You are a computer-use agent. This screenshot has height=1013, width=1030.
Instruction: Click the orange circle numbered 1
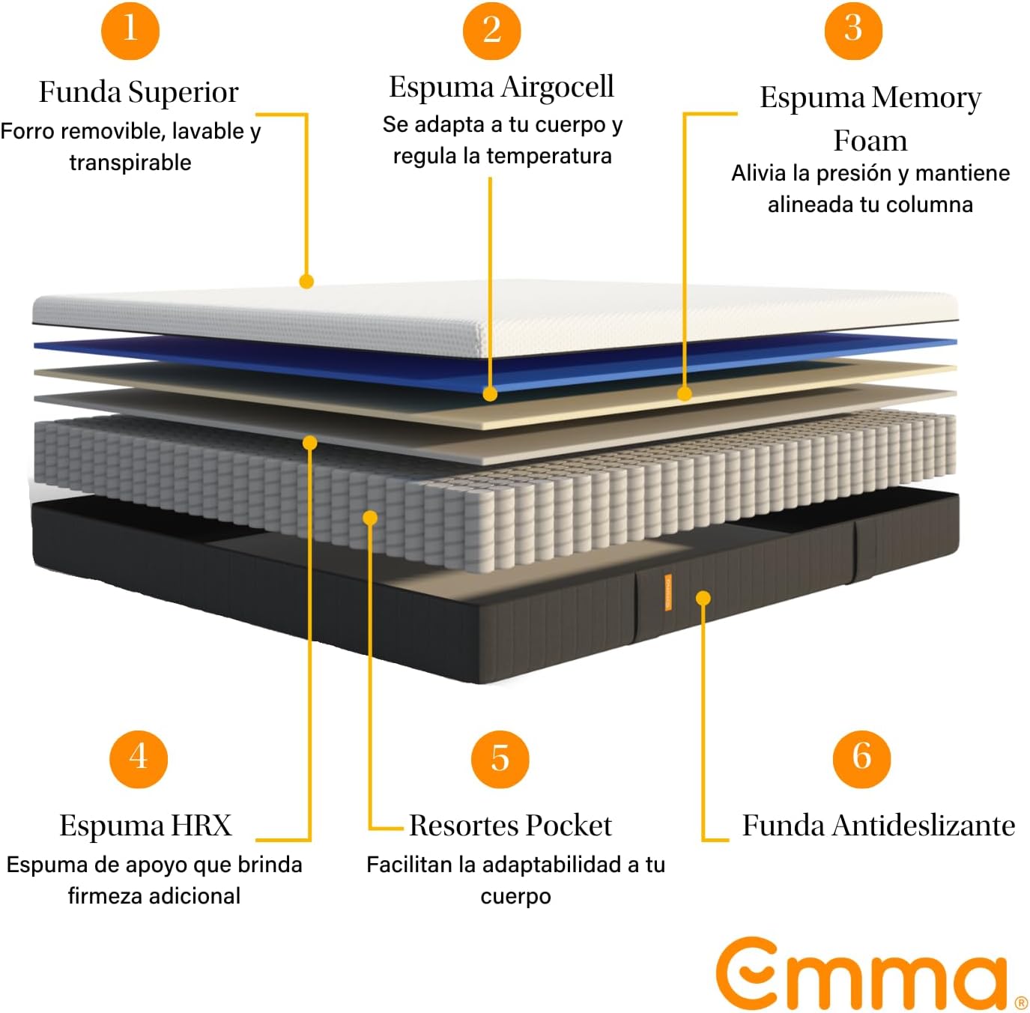130,30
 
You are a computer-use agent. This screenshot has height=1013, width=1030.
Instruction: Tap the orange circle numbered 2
491,30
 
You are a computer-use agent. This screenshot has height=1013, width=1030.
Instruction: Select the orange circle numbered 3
853,30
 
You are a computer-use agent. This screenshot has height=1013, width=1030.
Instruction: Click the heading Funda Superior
139,92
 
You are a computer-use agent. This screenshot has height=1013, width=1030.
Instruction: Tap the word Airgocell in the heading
557,87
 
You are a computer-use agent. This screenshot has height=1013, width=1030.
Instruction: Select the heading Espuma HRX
145,825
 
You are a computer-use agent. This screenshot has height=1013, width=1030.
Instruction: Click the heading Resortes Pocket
510,825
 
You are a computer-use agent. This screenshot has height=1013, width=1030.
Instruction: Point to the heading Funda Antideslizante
879,825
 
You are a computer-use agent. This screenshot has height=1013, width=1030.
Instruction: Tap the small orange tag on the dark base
667,592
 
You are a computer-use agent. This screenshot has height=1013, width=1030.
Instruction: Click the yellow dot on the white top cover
306,281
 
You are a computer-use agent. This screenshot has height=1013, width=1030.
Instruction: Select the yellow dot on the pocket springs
370,518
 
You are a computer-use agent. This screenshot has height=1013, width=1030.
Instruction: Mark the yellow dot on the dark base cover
703,598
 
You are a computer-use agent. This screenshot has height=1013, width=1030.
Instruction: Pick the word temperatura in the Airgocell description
549,156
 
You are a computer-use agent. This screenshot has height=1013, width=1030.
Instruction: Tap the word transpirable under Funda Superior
130,163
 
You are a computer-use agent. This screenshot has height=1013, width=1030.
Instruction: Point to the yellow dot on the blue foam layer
490,394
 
